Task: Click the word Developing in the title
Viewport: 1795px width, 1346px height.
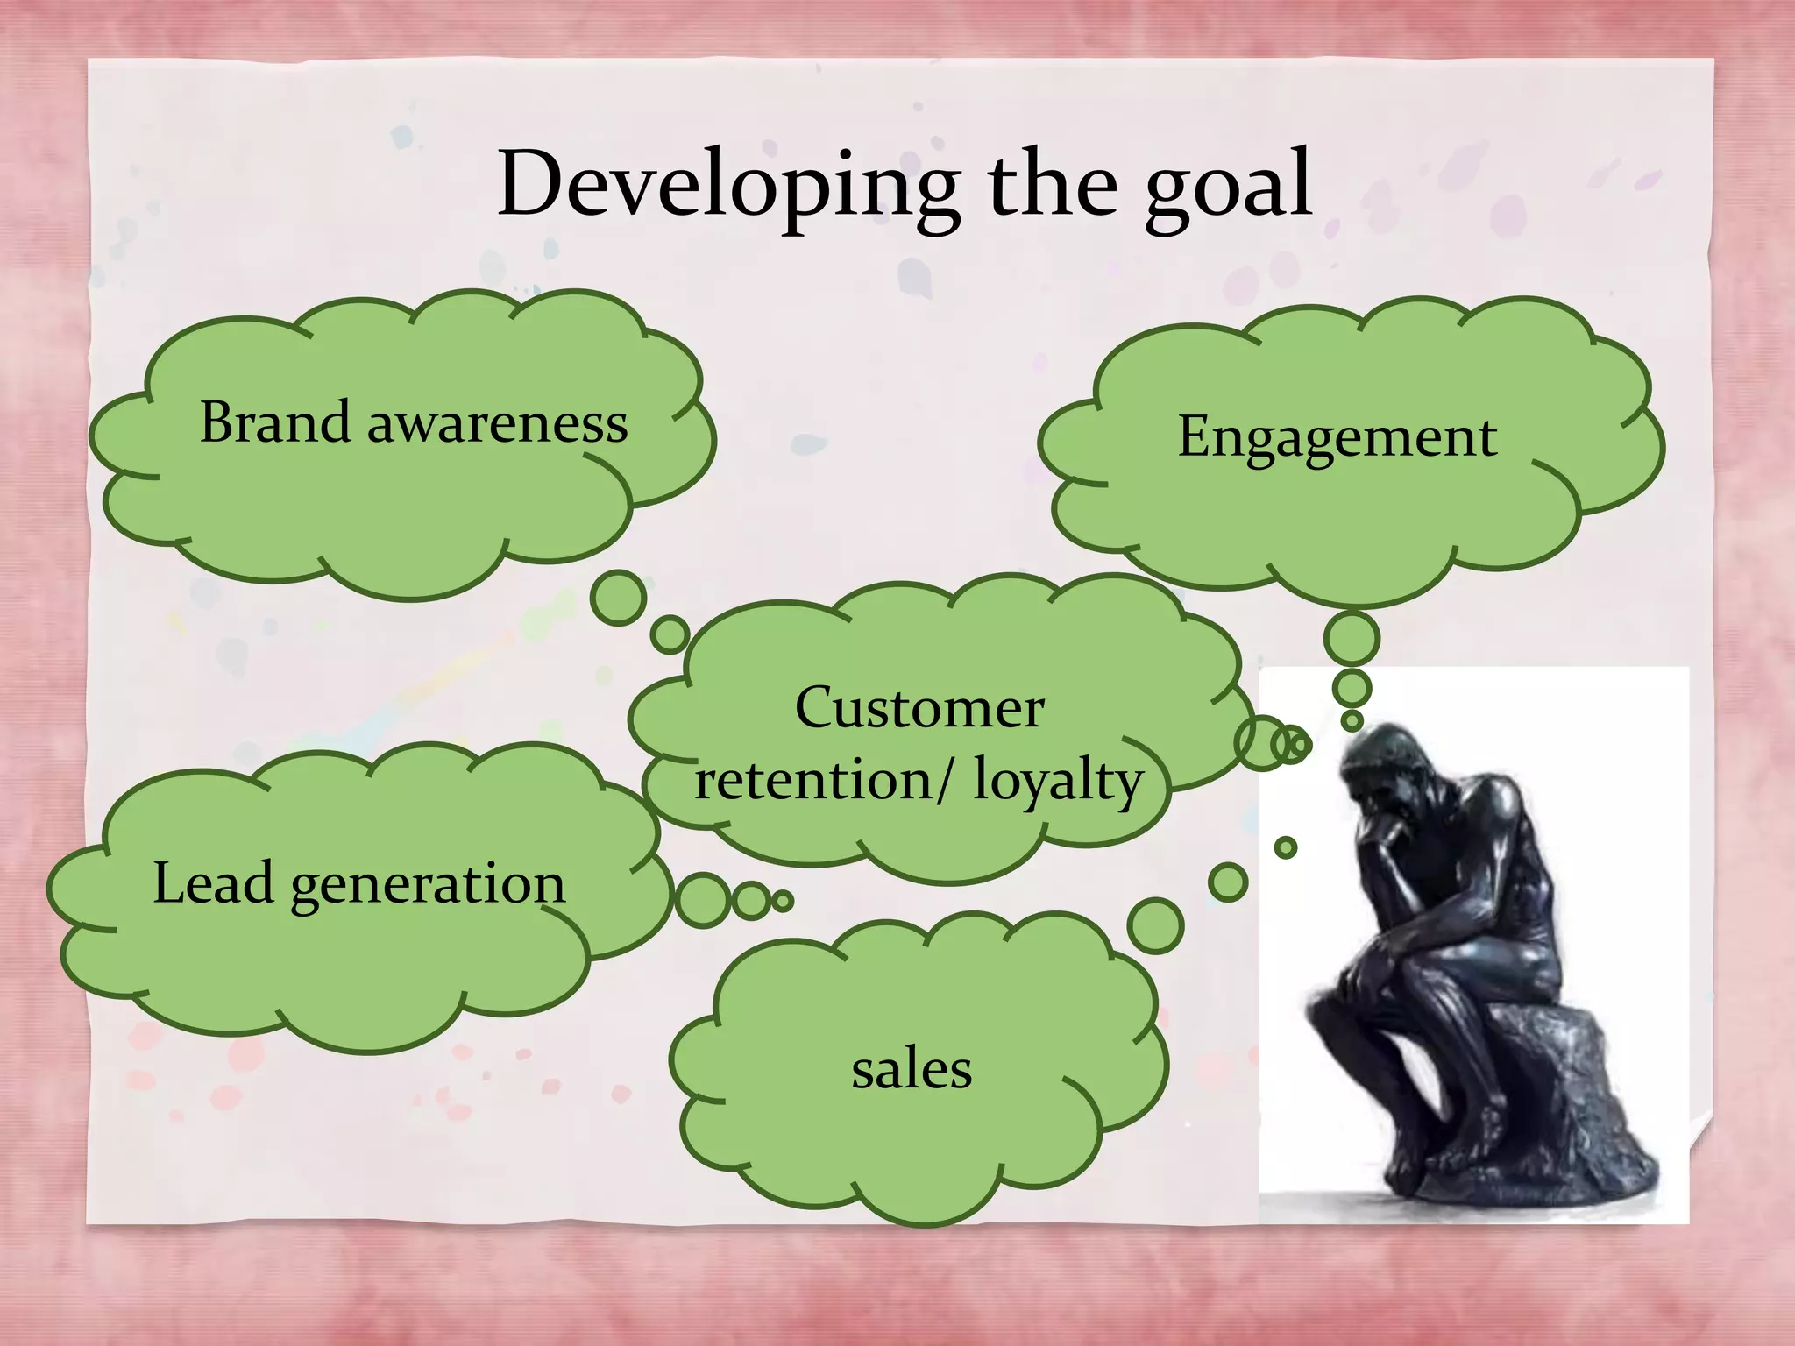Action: (727, 186)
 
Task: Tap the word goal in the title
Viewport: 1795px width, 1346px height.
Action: (1227, 188)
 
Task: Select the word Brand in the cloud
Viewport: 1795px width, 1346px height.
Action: (275, 422)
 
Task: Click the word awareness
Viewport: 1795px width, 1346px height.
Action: (497, 424)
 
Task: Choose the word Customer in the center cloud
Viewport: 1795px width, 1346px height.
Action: (919, 708)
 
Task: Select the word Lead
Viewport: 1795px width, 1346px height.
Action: (213, 883)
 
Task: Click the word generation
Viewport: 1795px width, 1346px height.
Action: (428, 885)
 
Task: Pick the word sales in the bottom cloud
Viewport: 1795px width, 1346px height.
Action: (912, 1070)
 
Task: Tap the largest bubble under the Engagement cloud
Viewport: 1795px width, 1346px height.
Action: (1352, 638)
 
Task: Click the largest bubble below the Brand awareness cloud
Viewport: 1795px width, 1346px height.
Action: (619, 598)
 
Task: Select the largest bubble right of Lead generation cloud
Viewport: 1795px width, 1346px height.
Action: (702, 900)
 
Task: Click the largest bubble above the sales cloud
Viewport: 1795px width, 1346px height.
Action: (1155, 925)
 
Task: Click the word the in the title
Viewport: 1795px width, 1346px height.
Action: (1052, 186)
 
